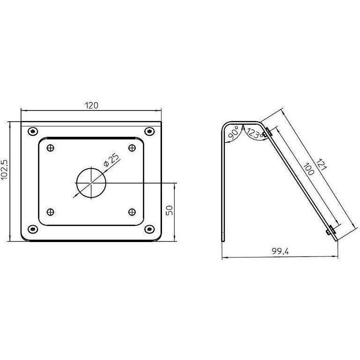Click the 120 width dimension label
click(92, 105)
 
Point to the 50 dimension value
click(170, 210)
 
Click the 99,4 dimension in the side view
click(280, 251)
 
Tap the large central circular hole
click(91, 182)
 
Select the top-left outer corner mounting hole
click(32, 131)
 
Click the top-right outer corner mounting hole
click(149, 131)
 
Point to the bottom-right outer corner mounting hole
click(149, 229)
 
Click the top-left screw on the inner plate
click(51, 148)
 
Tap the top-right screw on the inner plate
click(132, 148)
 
